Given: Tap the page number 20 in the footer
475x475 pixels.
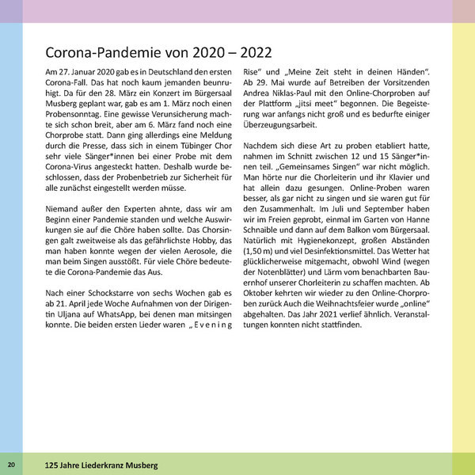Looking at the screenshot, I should [x=11, y=464].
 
